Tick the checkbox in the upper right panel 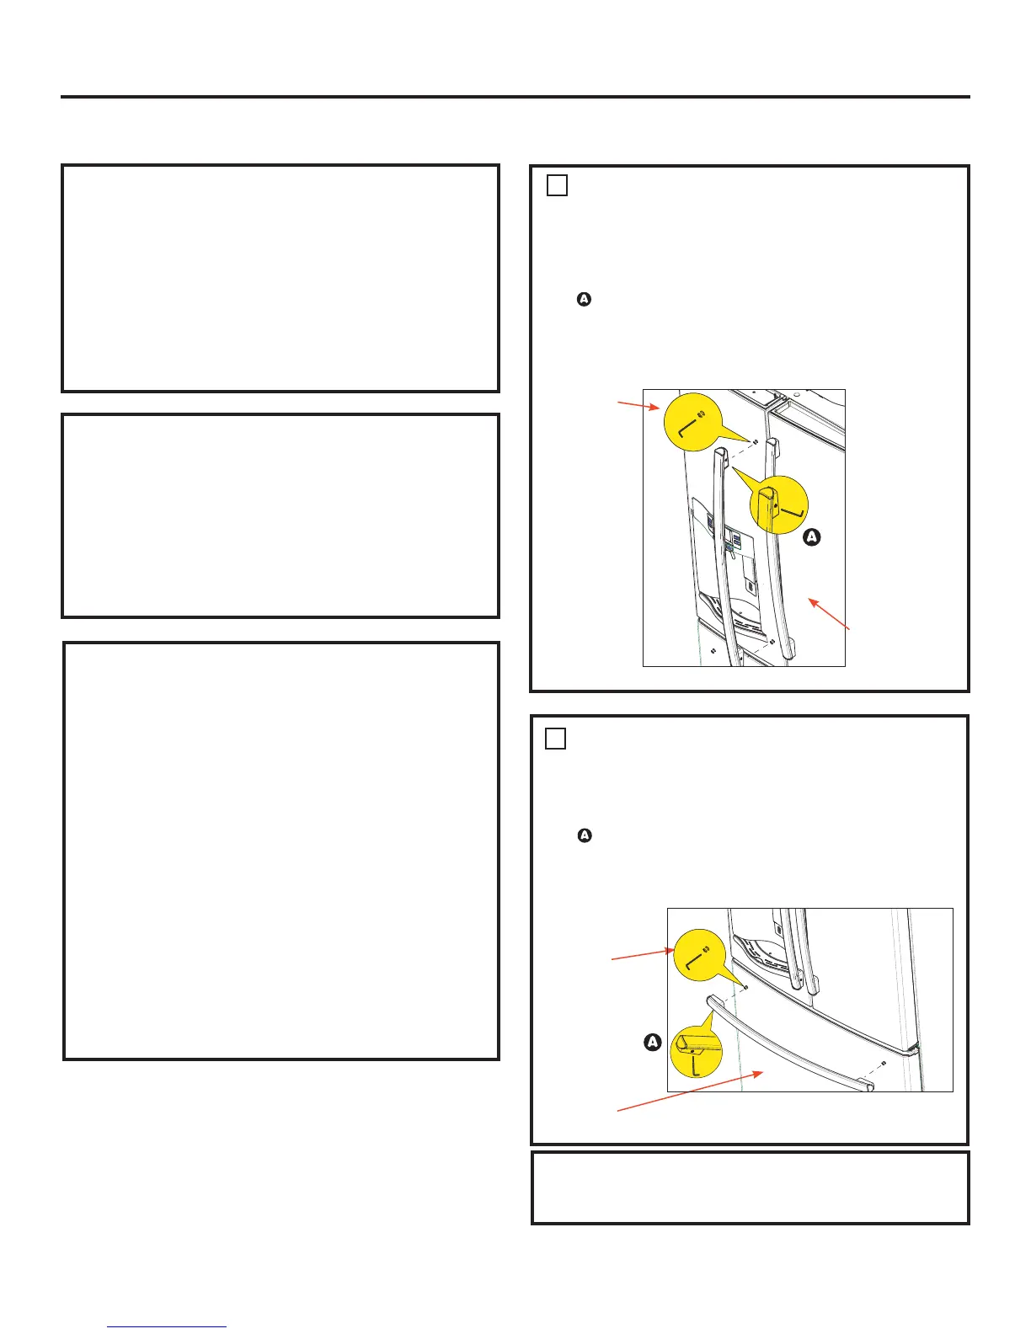[x=556, y=185]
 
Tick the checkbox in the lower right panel [x=555, y=739]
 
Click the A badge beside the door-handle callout [x=812, y=537]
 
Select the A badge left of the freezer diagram [x=652, y=1042]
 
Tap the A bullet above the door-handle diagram [x=584, y=299]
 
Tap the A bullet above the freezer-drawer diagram [x=585, y=835]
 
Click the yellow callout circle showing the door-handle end [x=778, y=504]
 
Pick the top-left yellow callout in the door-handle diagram [x=693, y=422]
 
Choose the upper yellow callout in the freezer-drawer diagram [x=699, y=955]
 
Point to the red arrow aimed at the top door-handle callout [x=638, y=404]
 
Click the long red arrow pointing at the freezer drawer [x=690, y=1091]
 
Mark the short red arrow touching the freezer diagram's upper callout [x=643, y=955]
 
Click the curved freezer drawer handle [x=790, y=1043]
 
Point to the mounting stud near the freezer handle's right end [x=883, y=1063]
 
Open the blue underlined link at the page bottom [x=167, y=1326]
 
